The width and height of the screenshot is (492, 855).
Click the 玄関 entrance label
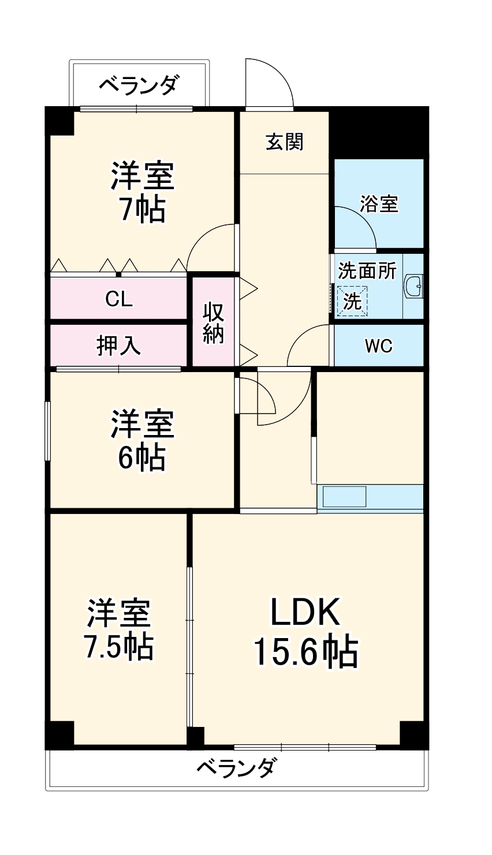(x=284, y=141)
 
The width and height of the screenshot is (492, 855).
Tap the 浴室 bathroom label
(x=379, y=204)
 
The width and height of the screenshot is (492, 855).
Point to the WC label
(x=378, y=346)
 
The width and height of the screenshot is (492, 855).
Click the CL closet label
(x=119, y=299)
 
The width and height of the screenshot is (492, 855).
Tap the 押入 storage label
(x=118, y=346)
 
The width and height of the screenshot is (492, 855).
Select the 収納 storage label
(x=213, y=323)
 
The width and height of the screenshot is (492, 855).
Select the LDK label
(x=305, y=614)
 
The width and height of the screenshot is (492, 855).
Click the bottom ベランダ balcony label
(x=237, y=768)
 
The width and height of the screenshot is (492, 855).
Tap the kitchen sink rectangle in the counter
(x=345, y=495)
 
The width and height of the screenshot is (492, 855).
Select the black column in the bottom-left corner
(x=60, y=734)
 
